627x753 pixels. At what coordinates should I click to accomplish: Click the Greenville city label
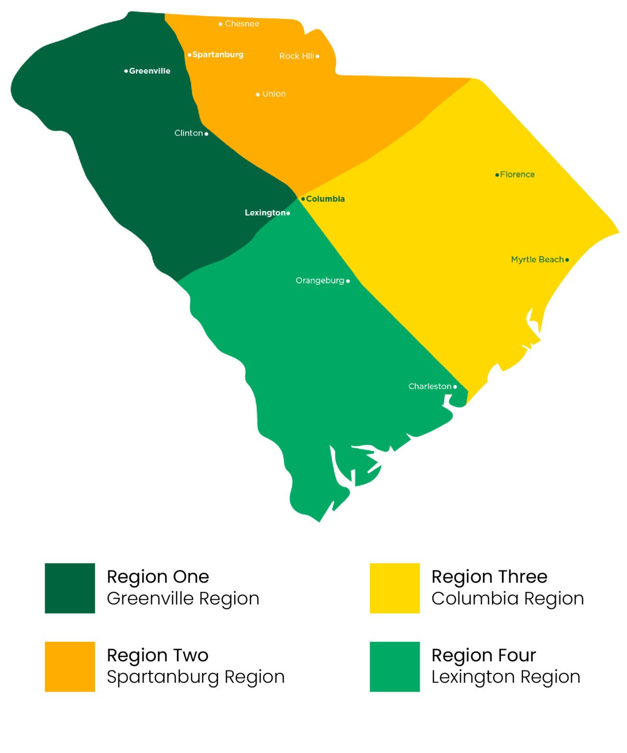149,71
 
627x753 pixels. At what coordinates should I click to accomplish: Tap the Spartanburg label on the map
217,54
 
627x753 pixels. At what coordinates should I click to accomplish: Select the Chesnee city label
241,24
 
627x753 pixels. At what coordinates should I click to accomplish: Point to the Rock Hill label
296,56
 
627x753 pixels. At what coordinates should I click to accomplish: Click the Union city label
273,94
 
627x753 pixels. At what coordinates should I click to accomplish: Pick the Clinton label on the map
189,133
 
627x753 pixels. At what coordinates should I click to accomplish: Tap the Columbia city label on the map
325,199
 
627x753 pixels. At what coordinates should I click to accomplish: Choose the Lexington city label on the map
265,213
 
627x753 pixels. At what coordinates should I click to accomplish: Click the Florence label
517,174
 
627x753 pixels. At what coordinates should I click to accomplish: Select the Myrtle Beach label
537,260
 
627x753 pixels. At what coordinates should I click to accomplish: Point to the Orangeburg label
320,281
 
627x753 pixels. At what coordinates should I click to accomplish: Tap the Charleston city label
430,387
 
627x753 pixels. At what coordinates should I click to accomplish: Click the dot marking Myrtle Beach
567,260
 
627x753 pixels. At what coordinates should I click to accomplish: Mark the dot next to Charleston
455,387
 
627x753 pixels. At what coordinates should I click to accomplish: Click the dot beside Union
258,95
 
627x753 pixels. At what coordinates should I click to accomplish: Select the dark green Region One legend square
70,588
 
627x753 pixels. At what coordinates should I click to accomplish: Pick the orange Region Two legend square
70,667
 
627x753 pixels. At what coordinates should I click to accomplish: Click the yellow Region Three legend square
394,588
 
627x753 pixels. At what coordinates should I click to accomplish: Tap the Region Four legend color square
394,667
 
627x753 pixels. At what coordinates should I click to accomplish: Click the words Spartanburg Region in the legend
195,677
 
